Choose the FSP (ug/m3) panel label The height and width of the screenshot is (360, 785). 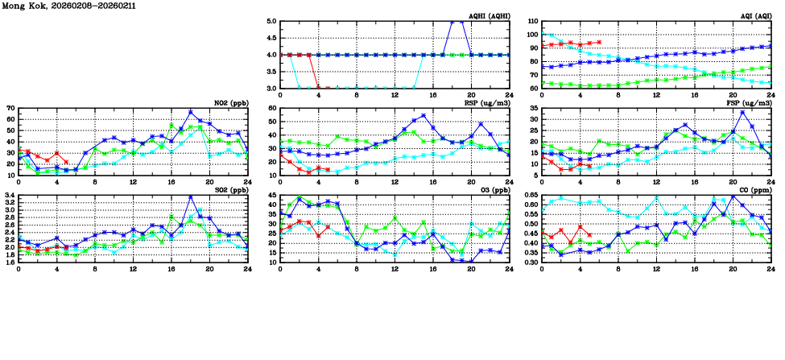[752, 102]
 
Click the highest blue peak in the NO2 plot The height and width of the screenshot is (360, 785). [191, 112]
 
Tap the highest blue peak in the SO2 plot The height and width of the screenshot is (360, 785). [191, 197]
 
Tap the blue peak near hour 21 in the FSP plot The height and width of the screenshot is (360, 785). [742, 112]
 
